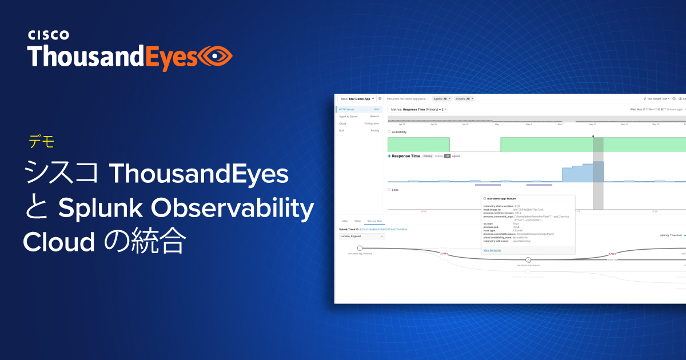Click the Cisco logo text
49,35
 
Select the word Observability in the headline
233,210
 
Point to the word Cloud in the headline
58,243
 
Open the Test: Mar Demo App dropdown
357,99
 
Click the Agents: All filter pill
441,99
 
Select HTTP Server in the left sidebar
348,109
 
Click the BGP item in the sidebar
341,130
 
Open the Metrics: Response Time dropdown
418,109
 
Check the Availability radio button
389,132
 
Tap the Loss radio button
389,189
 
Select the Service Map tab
375,220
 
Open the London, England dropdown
362,236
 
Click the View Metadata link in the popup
492,250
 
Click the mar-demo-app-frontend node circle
360,248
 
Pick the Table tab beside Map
357,220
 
